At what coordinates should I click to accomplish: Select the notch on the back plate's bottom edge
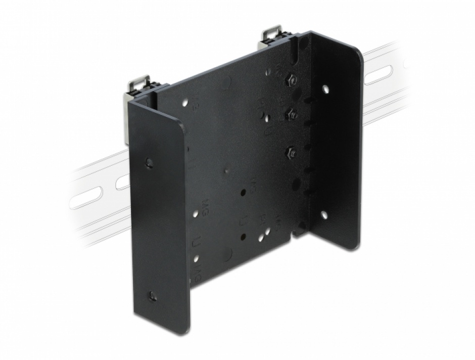[x=298, y=232]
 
